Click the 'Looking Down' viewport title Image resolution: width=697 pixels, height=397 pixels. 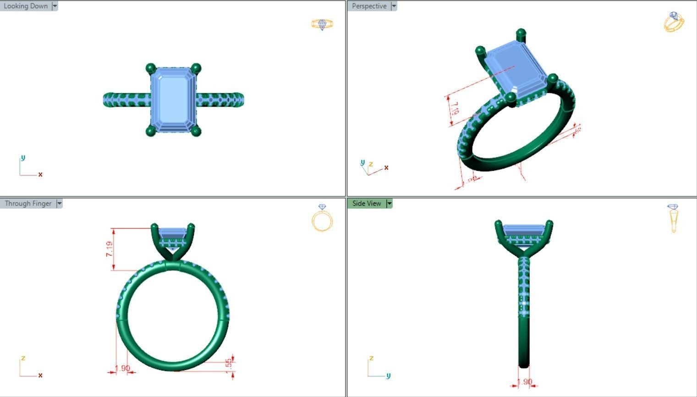[26, 6]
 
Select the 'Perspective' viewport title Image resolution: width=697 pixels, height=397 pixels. [369, 6]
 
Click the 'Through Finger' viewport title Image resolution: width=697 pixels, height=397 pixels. [28, 203]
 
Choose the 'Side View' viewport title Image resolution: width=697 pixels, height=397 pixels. [367, 203]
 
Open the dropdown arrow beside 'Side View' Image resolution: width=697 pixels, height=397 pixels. [390, 203]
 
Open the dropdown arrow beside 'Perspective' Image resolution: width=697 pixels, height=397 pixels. [394, 6]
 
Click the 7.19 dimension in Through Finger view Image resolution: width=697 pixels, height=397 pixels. [110, 249]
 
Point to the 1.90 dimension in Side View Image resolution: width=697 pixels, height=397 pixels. [524, 381]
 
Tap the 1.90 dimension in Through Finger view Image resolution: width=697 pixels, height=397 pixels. [122, 368]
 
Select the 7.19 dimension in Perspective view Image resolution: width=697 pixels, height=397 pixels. [454, 109]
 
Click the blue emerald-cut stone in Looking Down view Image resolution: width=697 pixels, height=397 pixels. [173, 100]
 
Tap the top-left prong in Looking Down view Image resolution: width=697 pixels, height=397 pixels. [150, 69]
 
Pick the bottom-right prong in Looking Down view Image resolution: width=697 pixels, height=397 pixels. [196, 131]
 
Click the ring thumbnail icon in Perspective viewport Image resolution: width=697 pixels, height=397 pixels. [674, 22]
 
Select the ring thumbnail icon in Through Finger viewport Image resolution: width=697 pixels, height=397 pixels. [322, 218]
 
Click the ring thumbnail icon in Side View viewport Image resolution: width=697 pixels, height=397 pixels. [673, 218]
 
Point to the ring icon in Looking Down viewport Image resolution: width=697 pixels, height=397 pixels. [322, 24]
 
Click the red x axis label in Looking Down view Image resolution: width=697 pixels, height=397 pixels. [40, 174]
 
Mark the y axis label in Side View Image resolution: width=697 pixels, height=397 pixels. [388, 375]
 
